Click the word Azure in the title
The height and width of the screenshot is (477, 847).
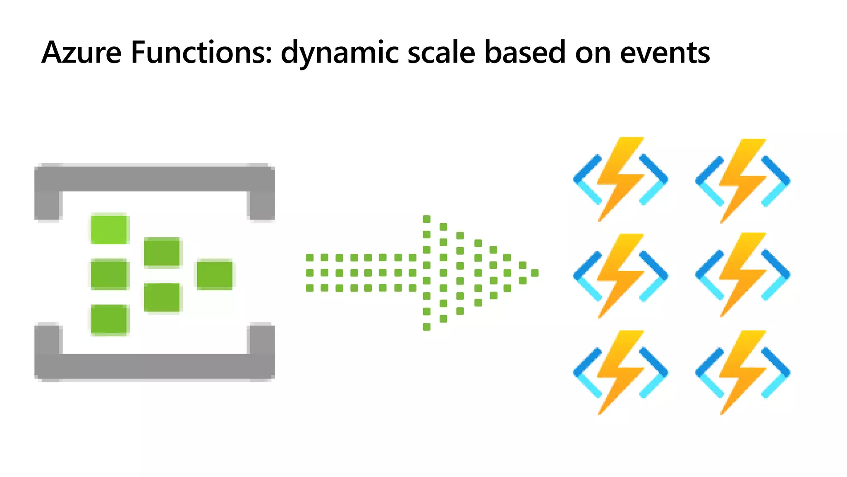[x=81, y=53]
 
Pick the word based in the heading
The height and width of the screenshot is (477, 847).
[x=525, y=53]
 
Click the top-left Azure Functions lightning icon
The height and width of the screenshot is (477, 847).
[x=620, y=179]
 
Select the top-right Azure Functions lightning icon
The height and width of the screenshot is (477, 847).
[x=743, y=181]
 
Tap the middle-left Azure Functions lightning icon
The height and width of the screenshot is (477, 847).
[x=620, y=275]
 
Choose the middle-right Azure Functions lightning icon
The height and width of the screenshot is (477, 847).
[x=743, y=275]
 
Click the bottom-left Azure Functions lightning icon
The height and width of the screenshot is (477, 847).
[x=620, y=372]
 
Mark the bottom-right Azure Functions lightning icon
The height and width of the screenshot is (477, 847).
[x=743, y=372]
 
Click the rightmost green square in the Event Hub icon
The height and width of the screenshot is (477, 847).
[x=214, y=275]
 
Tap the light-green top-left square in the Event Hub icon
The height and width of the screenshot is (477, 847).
[x=110, y=229]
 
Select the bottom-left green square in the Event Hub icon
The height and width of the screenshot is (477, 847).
[x=110, y=319]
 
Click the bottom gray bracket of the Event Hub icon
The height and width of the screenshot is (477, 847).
[x=154, y=366]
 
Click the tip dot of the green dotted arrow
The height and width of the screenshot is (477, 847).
[x=535, y=273]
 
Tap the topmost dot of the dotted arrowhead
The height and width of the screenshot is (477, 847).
[x=426, y=219]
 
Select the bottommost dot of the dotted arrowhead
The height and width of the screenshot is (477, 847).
[x=426, y=327]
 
